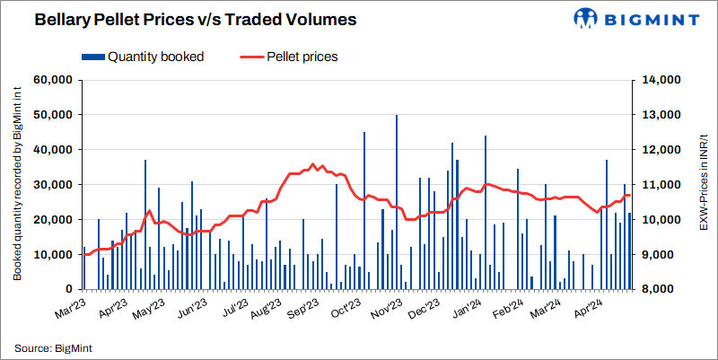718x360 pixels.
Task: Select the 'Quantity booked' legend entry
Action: click(x=155, y=57)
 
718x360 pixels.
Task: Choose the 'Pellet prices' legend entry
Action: click(x=302, y=57)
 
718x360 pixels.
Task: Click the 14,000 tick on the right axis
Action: click(x=660, y=80)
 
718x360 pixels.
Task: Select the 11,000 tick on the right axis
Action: click(x=660, y=185)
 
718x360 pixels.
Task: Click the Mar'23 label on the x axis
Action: click(x=68, y=305)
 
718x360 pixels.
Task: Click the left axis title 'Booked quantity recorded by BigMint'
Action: click(x=17, y=184)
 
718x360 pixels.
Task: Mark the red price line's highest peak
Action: click(x=313, y=164)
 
